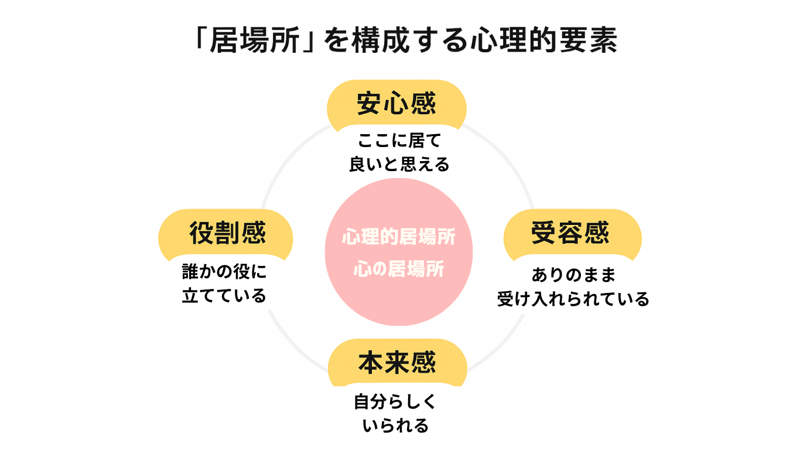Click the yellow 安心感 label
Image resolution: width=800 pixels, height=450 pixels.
tap(396, 105)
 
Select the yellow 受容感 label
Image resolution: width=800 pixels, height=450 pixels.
tap(570, 233)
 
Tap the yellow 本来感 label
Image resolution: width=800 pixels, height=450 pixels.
tap(397, 363)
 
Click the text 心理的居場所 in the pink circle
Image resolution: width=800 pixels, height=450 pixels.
tap(398, 238)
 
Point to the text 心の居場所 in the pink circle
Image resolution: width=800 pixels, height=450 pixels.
tap(398, 270)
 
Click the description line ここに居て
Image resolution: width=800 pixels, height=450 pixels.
tap(399, 141)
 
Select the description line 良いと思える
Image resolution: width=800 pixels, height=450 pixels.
tap(399, 165)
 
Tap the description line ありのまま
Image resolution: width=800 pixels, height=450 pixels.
tap(573, 275)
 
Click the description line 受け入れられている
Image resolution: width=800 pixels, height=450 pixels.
tap(573, 299)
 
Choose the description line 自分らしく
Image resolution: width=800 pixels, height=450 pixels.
tap(395, 403)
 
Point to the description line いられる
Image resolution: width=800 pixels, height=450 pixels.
tap(396, 426)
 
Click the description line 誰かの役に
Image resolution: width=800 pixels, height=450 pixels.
tap(224, 271)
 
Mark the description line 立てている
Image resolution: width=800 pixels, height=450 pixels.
tap(224, 296)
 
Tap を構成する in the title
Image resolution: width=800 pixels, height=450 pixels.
tap(396, 43)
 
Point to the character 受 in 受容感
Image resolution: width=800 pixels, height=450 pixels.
tap(544, 233)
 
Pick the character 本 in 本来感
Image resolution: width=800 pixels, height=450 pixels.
tap(371, 363)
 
